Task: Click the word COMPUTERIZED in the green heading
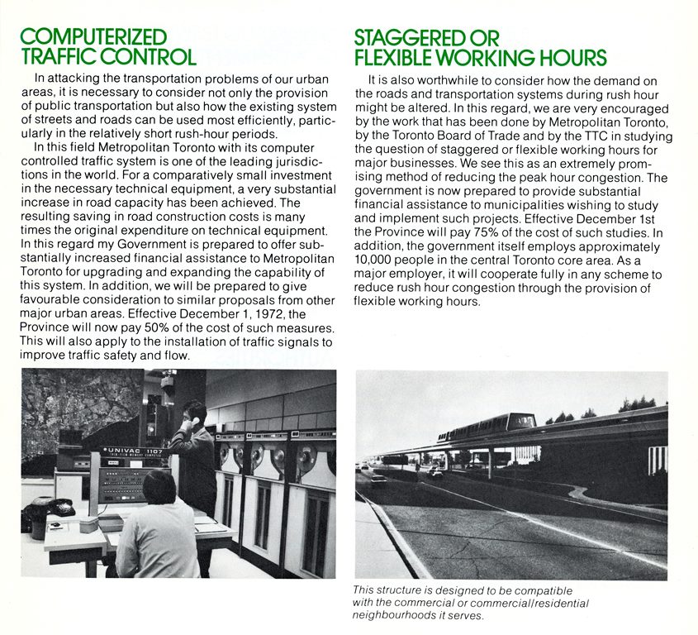click(x=93, y=37)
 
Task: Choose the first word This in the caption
click(x=364, y=590)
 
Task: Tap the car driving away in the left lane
click(x=377, y=479)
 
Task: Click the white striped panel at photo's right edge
click(x=658, y=460)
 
